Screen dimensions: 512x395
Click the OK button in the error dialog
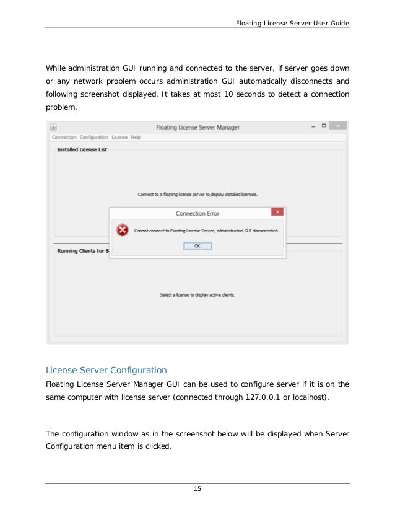click(x=197, y=245)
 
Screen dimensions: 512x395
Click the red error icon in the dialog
click(x=123, y=230)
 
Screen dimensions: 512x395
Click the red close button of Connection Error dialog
click(x=278, y=212)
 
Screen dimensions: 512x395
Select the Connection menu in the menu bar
click(x=64, y=137)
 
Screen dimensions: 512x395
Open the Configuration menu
click(x=94, y=137)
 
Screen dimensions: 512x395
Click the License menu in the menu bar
click(x=119, y=137)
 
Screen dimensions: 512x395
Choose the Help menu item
click(x=136, y=137)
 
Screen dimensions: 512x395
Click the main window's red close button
click(x=337, y=126)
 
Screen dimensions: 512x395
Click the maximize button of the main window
click(x=324, y=126)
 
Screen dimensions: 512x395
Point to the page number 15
click(x=197, y=490)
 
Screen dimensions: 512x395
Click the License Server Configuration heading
click(x=106, y=370)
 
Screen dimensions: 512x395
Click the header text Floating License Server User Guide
click(x=292, y=23)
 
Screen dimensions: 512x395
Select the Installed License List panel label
click(x=82, y=149)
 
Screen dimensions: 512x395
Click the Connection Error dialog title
click(x=197, y=213)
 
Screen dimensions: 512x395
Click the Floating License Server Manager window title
click(x=197, y=127)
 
